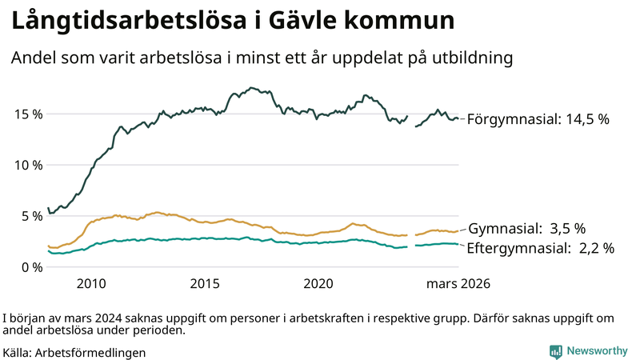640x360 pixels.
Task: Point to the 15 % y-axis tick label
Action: [29, 114]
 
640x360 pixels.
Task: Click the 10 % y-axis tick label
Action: [29, 165]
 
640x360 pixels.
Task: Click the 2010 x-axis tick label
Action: [91, 284]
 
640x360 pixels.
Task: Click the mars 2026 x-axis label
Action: [458, 284]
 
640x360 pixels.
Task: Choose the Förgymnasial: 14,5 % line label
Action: [538, 119]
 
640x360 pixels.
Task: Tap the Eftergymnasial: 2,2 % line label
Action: [540, 248]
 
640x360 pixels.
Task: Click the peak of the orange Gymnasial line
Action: [158, 212]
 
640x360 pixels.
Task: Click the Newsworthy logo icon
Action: [555, 351]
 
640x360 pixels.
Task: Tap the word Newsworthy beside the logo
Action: [597, 351]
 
